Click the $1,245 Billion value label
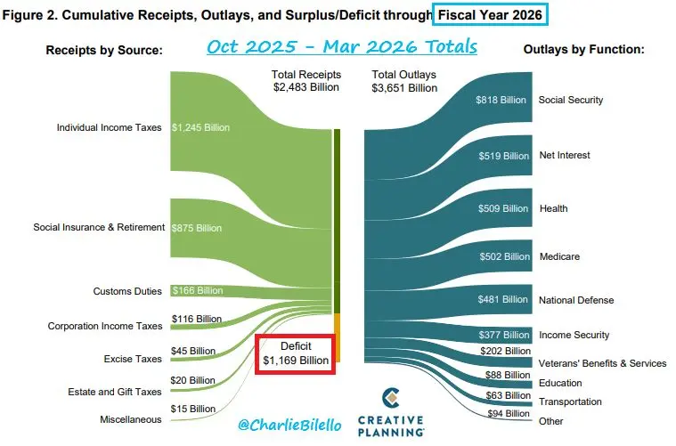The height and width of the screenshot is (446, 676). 201,127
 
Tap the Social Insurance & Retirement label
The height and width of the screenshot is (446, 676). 99,227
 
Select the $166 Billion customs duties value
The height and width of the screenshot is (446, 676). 197,291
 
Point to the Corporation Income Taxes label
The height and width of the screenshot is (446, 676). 105,326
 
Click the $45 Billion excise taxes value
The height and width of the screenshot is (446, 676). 191,350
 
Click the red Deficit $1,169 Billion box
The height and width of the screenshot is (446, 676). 296,353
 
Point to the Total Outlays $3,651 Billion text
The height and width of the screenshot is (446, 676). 404,81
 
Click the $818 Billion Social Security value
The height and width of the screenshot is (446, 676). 501,101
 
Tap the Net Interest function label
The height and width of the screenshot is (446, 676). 565,156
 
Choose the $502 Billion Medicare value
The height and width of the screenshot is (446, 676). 501,257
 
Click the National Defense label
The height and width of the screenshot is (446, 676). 576,300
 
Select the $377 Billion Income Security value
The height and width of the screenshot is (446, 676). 501,336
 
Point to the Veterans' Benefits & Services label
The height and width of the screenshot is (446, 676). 602,363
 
